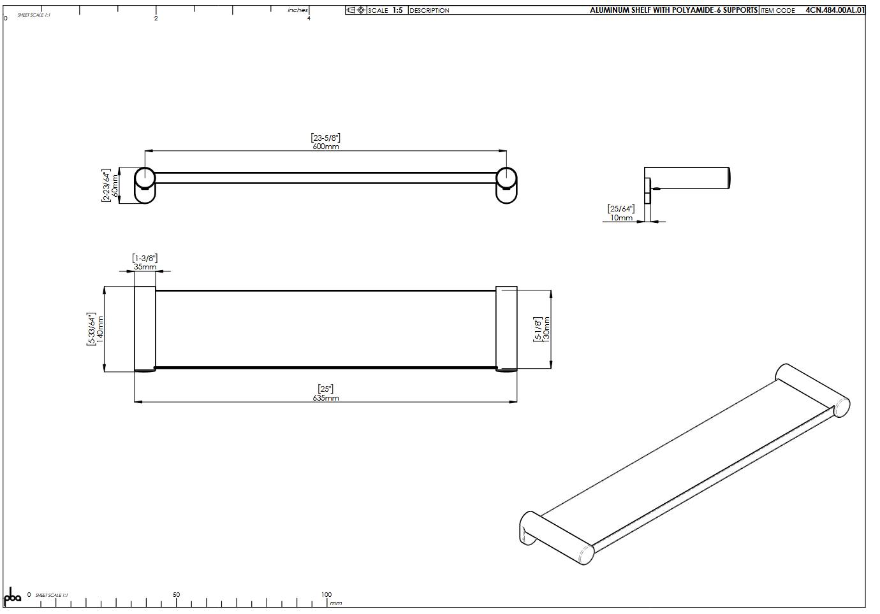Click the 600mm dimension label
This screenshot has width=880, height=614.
325,146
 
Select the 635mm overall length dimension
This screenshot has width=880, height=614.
325,398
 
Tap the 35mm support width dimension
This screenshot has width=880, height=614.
145,267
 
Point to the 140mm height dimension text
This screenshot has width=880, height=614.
100,329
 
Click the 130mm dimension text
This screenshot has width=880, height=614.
546,329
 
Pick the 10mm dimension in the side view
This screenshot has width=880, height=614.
621,218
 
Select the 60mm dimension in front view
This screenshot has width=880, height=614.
115,185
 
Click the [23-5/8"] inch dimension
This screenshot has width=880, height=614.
325,138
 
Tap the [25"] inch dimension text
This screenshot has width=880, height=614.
325,389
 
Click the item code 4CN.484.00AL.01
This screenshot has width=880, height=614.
835,10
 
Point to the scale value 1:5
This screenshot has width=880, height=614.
397,10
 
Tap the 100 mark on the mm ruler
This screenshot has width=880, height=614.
326,594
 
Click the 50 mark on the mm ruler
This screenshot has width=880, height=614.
176,594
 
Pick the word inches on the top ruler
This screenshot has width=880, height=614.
298,10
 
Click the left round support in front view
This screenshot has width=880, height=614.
145,185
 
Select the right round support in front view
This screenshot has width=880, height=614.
506,185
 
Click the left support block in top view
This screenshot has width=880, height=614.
145,329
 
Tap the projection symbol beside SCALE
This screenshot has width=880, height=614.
356,10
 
